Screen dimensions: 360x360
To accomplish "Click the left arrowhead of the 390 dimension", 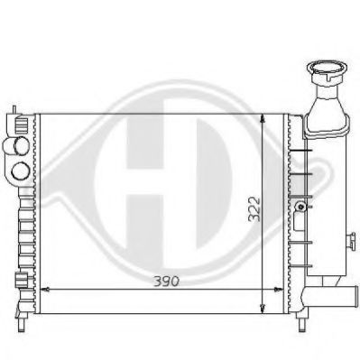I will pyautogui.click(x=45, y=289).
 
